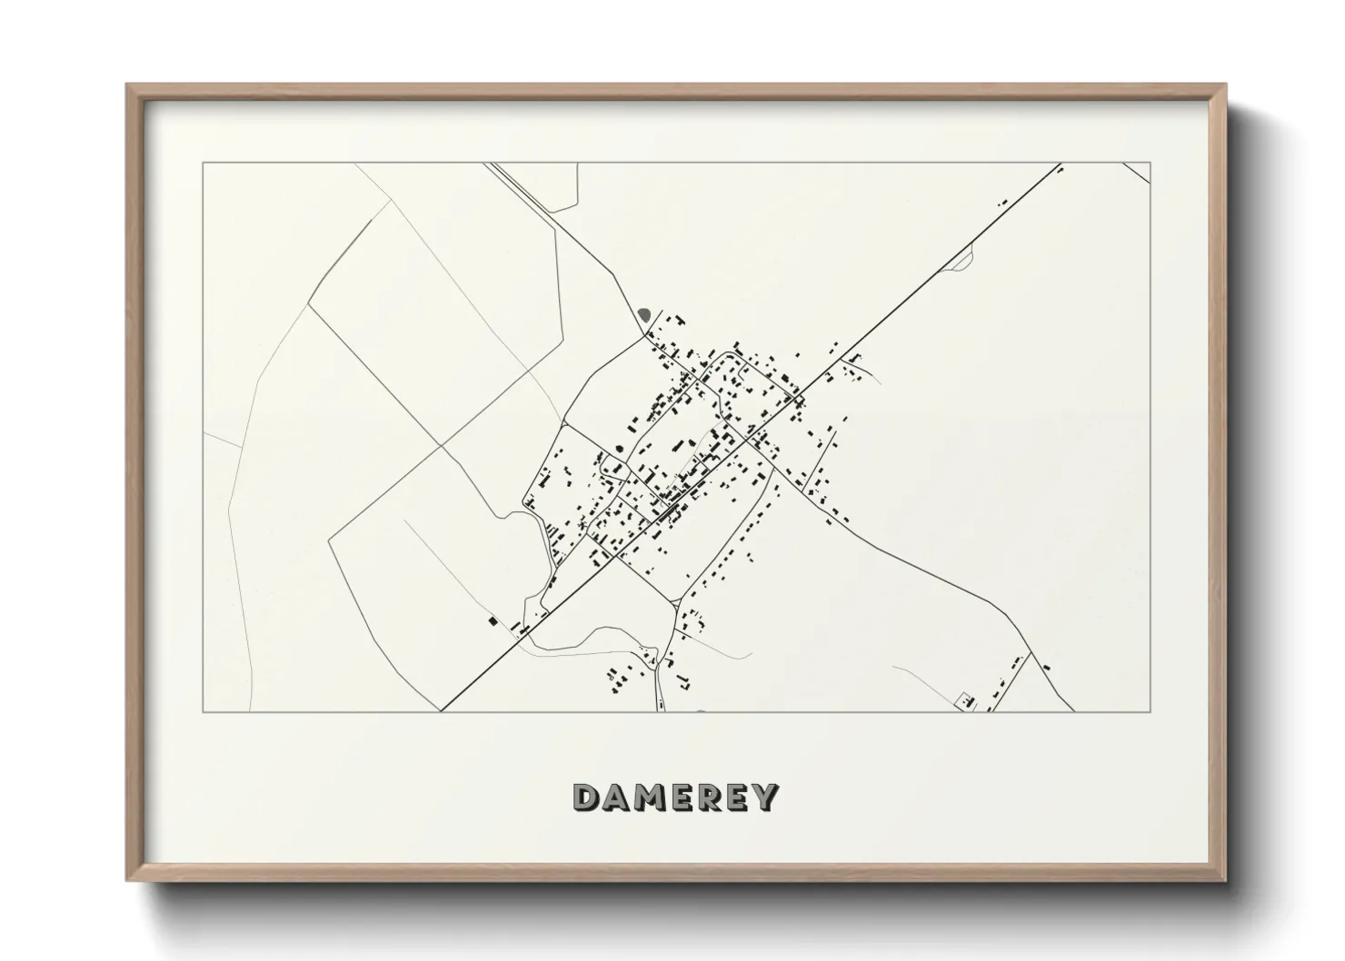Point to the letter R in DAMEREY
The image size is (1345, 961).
pos(705,798)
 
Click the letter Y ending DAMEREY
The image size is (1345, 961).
pos(765,798)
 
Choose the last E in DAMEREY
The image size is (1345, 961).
pos(734,798)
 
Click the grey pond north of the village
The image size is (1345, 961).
pos(644,315)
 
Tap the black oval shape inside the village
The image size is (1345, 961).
pos(620,448)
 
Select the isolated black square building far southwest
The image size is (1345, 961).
pos(493,621)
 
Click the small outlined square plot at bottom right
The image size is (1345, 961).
pos(964,700)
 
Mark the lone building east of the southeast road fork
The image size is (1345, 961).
pos(1047,669)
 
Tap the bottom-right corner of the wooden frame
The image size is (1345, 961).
pos(1225,880)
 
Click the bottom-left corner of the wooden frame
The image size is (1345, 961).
pos(127,880)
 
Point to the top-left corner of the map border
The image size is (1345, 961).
pos(203,163)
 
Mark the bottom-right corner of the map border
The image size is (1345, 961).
pos(1151,712)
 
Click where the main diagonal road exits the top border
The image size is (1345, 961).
pos(1061,163)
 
